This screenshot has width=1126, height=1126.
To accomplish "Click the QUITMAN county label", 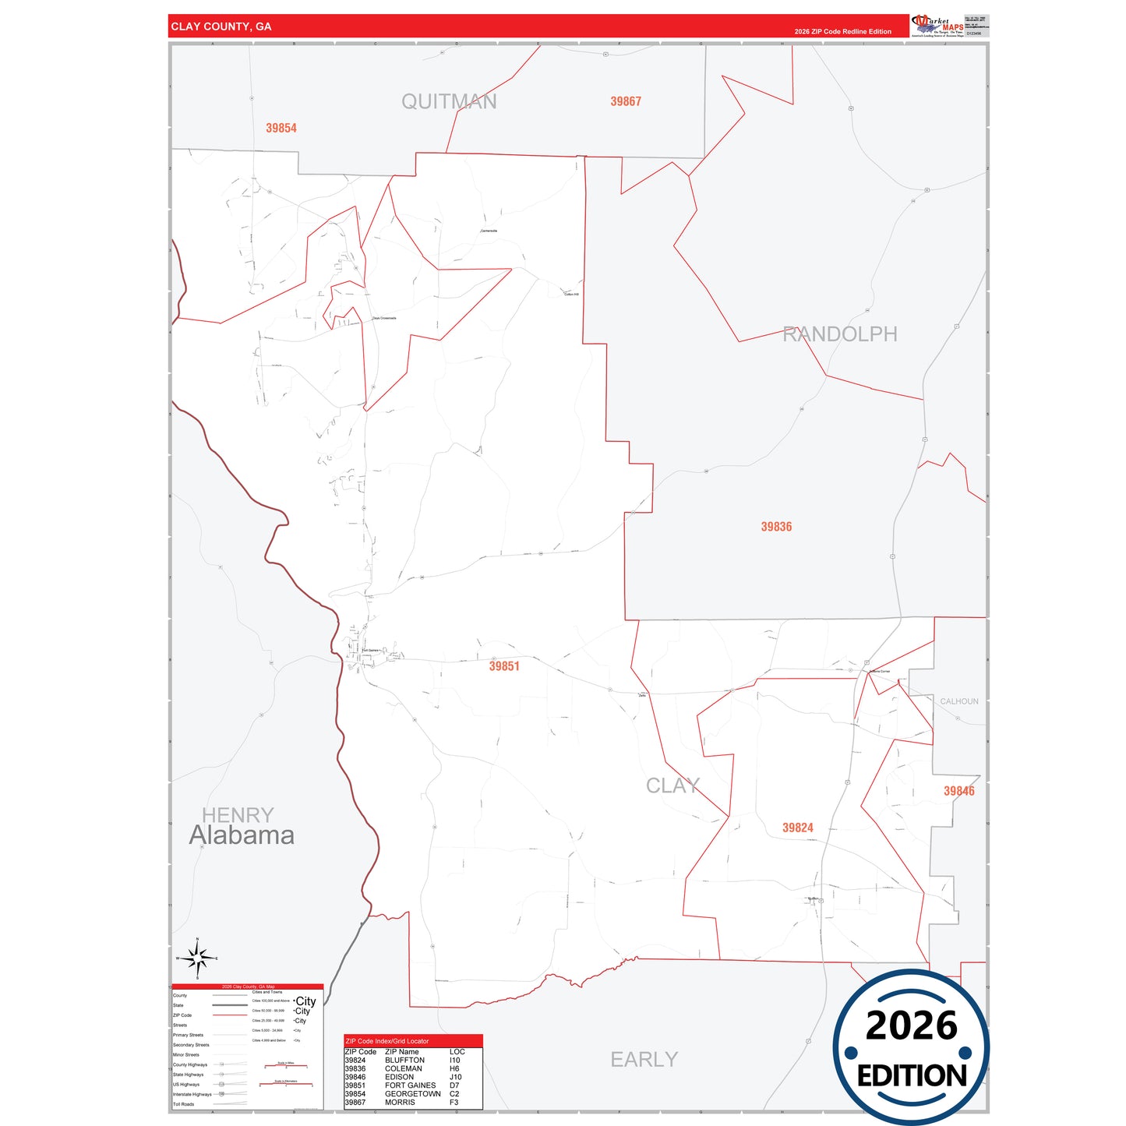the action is coord(449,101).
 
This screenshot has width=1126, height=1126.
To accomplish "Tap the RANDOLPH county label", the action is coord(839,334).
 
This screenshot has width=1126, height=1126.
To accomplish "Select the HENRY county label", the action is coord(238,815).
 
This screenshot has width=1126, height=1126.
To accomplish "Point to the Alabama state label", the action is coord(242,835).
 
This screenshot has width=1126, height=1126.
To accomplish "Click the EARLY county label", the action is coord(644,1060).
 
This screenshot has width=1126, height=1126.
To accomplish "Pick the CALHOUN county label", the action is coord(958,701).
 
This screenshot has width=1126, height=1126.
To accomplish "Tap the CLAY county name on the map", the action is coord(672,785).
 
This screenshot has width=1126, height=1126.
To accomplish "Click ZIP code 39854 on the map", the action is coord(281,128).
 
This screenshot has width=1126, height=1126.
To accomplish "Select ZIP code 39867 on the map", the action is coord(626,101).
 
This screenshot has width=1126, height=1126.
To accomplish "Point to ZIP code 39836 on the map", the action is coord(776,527).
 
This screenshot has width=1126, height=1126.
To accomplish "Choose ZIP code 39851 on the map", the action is coord(504,666).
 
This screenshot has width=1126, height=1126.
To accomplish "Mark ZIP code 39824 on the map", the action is coord(798,828).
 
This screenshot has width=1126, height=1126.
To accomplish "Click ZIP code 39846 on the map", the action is coord(958,791).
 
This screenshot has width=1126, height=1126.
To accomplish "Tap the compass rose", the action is coord(197,958).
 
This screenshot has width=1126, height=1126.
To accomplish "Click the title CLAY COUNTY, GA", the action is coord(221,26).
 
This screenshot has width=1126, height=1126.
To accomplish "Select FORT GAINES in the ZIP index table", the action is coord(410,1085).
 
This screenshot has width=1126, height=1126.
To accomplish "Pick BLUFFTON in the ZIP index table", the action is coord(404,1061).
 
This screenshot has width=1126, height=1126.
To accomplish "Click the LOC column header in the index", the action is coord(457,1052).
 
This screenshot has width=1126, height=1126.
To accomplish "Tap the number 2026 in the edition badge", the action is coord(911,1025).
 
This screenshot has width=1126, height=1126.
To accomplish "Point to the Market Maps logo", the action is coord(937,26).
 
